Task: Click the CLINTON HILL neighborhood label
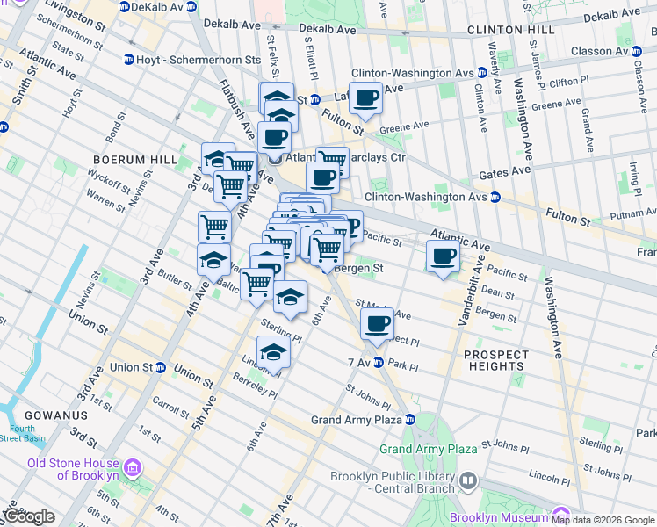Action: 511,30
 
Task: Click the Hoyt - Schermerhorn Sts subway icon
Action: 129,60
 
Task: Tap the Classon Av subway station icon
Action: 636,51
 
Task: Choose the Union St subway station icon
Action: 161,367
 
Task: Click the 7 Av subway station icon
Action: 379,362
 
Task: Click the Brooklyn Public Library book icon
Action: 468,480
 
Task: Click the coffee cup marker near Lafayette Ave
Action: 366,98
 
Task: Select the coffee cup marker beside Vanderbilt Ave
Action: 443,256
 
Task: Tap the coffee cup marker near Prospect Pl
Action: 378,323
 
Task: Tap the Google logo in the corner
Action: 28,516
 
